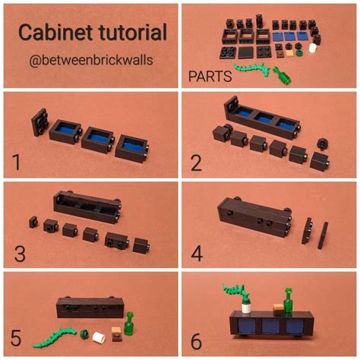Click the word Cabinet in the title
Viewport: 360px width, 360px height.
(x=50, y=33)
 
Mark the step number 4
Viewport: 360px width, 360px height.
(x=197, y=251)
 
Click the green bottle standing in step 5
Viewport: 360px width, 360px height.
(x=129, y=323)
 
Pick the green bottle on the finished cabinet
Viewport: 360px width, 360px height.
(x=289, y=299)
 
